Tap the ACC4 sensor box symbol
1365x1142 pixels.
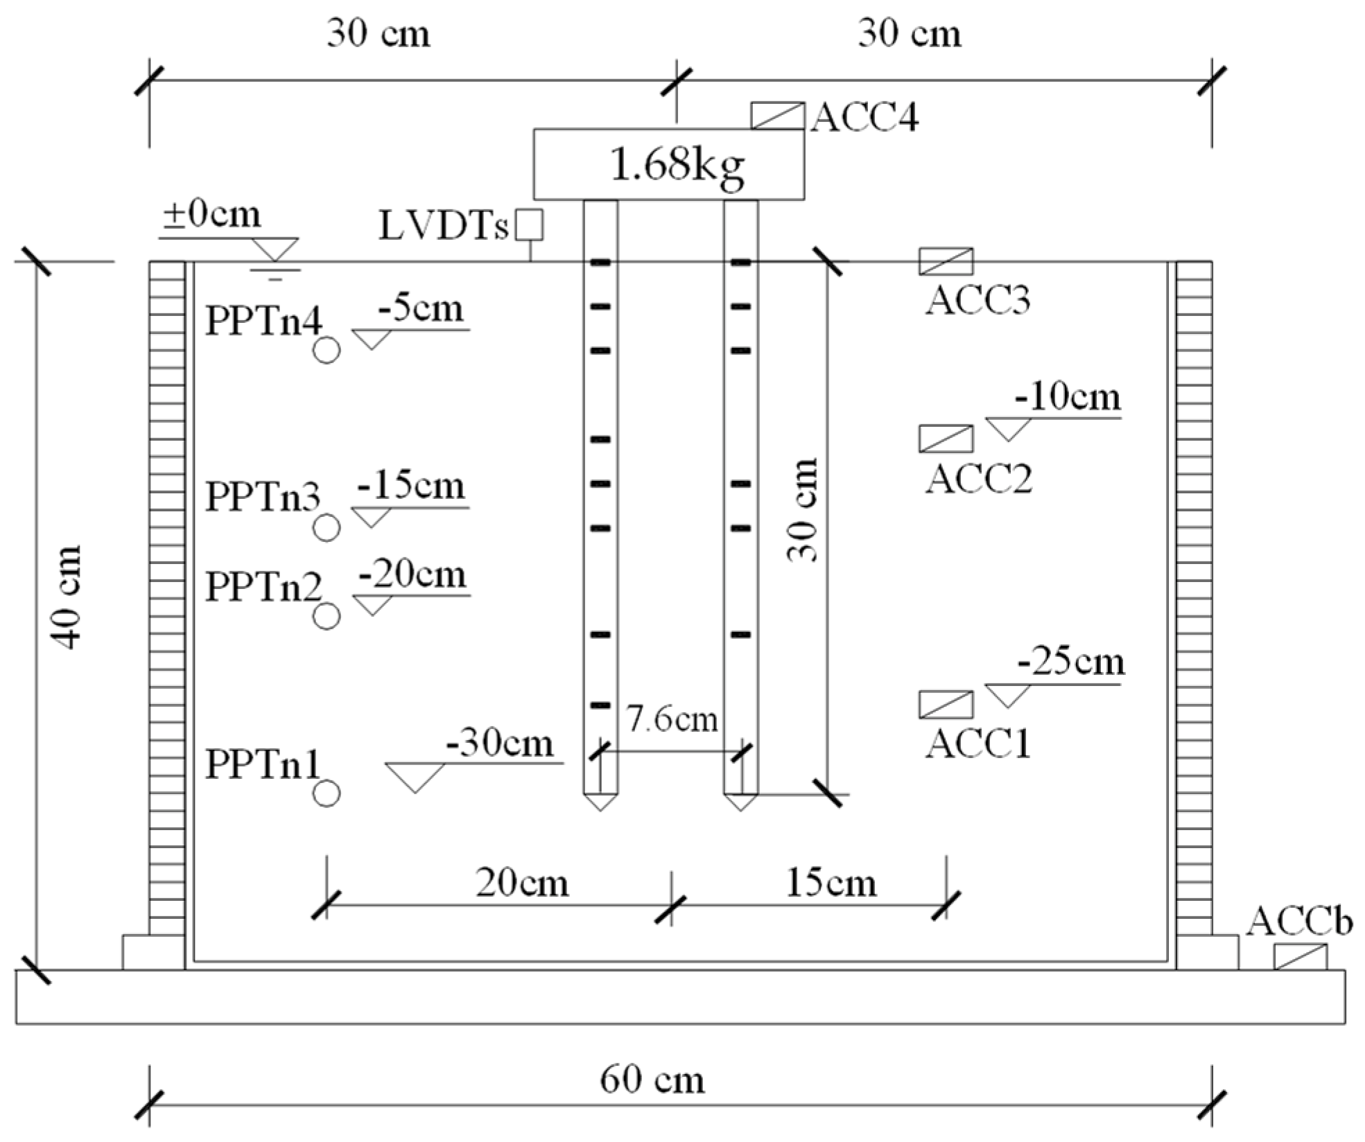point(778,116)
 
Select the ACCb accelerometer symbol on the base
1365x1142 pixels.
point(1300,957)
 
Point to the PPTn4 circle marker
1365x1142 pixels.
point(327,351)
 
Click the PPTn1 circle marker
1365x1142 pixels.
point(327,793)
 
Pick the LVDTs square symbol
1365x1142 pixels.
point(530,225)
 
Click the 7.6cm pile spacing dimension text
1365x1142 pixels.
point(672,719)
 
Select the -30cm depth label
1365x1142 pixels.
point(500,744)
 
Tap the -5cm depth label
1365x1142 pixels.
point(421,308)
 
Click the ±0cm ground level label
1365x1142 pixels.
point(212,215)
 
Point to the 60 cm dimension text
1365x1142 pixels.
point(652,1080)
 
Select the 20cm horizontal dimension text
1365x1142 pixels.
point(522,884)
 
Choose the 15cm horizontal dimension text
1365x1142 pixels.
point(831,884)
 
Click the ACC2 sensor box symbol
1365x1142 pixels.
point(946,439)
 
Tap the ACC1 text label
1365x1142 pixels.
point(978,744)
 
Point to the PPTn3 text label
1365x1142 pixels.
point(263,498)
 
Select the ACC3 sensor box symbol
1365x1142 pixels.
point(946,261)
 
